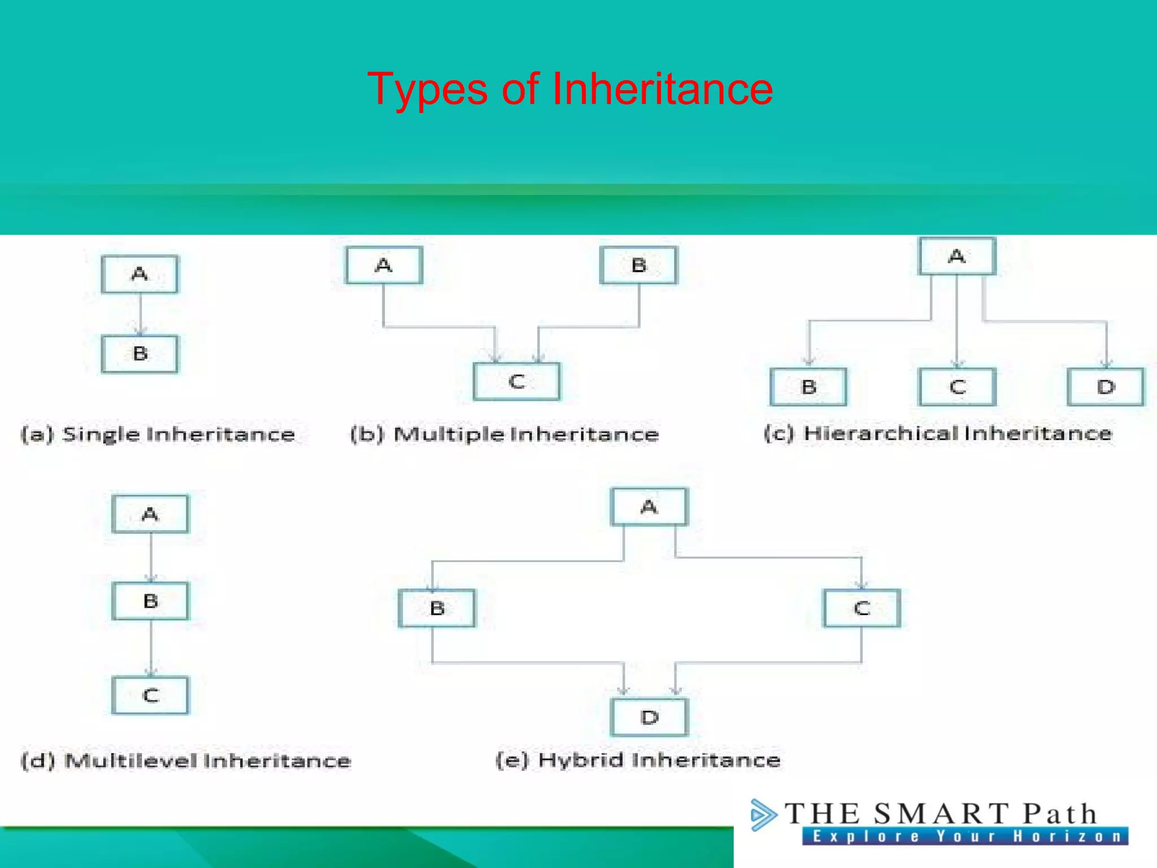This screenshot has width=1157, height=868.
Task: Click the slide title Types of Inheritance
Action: point(569,89)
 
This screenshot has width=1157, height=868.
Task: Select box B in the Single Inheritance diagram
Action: point(140,354)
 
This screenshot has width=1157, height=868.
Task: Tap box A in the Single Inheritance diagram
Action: point(140,274)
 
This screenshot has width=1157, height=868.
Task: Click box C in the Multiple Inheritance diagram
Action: point(517,381)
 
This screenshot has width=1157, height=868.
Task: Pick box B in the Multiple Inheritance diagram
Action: point(638,265)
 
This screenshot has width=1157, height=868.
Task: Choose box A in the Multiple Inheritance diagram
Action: point(384,265)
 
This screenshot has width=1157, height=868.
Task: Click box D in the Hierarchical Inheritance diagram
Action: point(1106,387)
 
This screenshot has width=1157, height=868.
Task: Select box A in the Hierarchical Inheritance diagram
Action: point(957,257)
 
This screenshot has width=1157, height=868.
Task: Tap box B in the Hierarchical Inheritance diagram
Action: point(808,387)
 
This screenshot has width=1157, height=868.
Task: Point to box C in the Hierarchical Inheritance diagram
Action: point(957,387)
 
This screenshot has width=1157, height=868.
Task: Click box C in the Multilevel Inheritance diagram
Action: point(150,695)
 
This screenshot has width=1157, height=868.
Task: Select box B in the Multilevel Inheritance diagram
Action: point(150,601)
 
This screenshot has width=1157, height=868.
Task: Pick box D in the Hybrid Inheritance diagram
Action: point(649,717)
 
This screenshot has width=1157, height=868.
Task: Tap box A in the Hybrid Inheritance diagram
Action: point(649,507)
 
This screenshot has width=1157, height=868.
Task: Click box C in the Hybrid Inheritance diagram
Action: point(862,608)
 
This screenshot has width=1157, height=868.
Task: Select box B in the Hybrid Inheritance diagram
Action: point(437,608)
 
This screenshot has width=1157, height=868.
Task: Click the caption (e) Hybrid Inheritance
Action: point(638,760)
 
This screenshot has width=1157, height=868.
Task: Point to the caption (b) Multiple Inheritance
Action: point(504,434)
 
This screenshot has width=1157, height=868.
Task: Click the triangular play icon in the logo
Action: point(763,815)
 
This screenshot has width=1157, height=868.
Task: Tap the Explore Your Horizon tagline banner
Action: point(965,836)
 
